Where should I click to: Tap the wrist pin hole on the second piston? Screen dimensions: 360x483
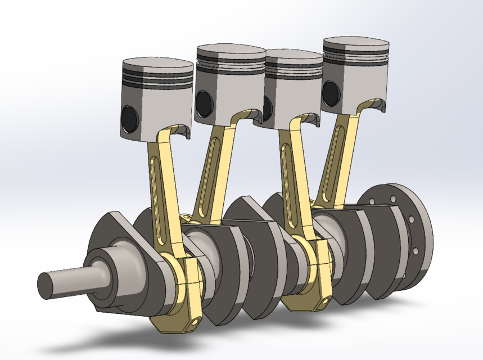(x=203, y=103)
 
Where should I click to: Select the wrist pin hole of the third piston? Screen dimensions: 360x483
(x=268, y=106)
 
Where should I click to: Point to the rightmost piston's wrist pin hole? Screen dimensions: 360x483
(x=331, y=92)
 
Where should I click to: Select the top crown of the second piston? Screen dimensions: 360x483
(x=231, y=51)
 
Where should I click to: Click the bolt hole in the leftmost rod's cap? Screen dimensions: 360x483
(x=195, y=321)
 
